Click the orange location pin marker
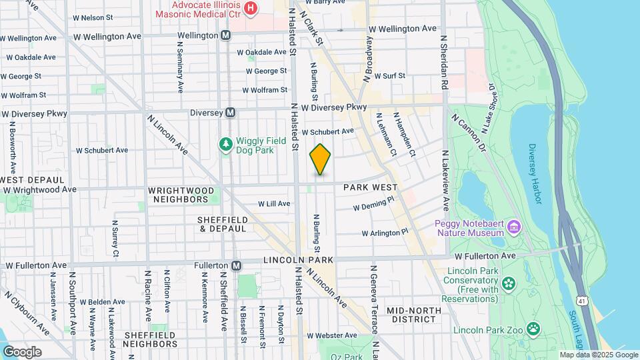click(x=320, y=159)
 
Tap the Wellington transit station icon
click(x=226, y=35)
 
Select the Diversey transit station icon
click(x=231, y=113)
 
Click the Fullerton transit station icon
click(x=236, y=265)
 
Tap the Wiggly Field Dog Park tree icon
click(x=225, y=143)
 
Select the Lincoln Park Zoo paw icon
click(x=533, y=329)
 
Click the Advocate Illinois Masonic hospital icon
click(x=250, y=8)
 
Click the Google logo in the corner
click(x=21, y=351)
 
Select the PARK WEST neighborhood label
click(x=371, y=189)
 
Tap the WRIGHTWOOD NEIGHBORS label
click(x=181, y=195)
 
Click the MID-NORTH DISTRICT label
click(x=413, y=315)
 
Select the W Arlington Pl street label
click(x=384, y=233)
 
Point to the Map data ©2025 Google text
click(x=598, y=355)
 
